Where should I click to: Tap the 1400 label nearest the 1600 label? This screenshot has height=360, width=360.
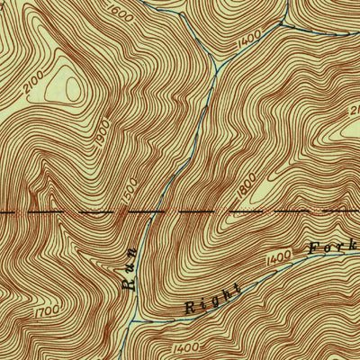coord(249,37)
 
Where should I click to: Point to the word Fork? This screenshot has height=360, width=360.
coord(331,243)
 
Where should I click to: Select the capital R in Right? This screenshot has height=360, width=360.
coord(191,308)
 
